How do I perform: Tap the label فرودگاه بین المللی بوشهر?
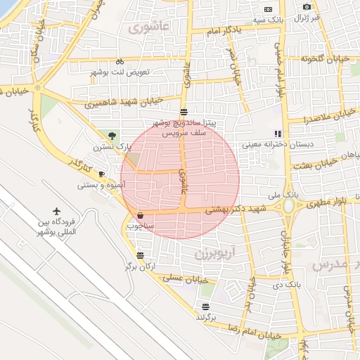point(57,227)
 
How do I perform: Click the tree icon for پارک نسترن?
point(112,136)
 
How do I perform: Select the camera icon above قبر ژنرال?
point(307,7)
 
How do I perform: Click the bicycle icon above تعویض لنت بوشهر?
point(120,61)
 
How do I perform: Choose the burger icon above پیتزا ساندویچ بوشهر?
point(184,112)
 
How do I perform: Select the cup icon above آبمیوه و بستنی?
point(102,174)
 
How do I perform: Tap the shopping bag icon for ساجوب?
point(141,215)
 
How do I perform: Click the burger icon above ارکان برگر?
point(141,256)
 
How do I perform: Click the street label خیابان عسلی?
point(188,278)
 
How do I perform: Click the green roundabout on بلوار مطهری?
point(288,207)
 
